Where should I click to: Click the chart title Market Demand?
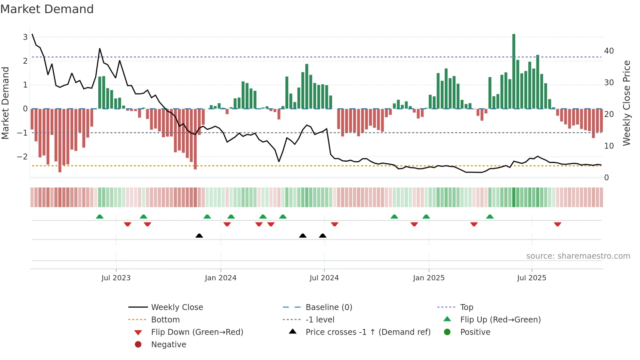pos(47,9)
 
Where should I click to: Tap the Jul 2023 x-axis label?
pos(116,278)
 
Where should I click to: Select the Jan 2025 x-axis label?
pos(428,278)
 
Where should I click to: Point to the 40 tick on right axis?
pos(609,51)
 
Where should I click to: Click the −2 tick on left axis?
pos(22,156)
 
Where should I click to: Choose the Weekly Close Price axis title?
pos(626,103)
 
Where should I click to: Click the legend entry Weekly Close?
pos(177,307)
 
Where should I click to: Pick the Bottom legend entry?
pos(165,320)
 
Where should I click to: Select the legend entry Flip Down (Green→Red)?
pos(197,332)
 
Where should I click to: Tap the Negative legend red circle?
pos(138,345)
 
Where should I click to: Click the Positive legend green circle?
pos(447,332)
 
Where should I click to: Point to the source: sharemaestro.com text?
pos(578,256)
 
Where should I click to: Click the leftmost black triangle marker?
pos(199,236)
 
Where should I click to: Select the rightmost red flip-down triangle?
pos(557,224)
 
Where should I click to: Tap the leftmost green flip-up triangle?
pos(100,216)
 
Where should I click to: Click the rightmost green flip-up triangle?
pos(489,216)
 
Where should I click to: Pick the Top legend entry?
pos(466,307)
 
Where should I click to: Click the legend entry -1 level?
pos(320,320)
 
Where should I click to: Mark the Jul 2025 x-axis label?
pos(532,278)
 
